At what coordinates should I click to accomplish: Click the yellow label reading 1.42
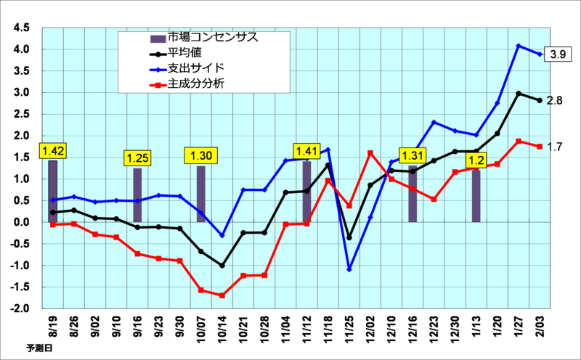[54, 151]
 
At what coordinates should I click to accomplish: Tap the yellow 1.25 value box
[137, 158]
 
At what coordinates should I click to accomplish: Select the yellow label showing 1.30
[200, 155]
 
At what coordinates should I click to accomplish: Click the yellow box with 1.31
[413, 155]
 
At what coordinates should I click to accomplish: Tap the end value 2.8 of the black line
[554, 100]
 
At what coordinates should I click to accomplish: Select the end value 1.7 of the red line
[554, 147]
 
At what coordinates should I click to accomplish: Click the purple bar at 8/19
[53, 191]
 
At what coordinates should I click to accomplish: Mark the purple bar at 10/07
[201, 194]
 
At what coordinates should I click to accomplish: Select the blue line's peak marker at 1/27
[519, 46]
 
